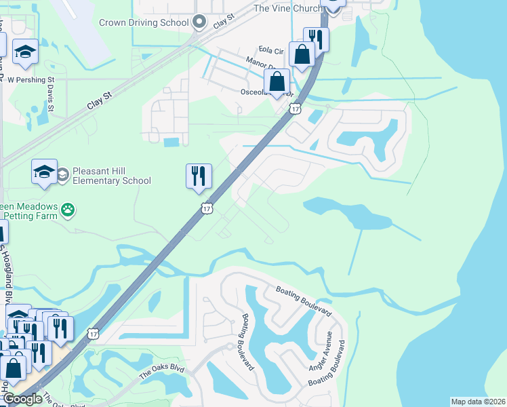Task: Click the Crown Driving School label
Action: pos(143,22)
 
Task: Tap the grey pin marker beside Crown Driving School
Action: pos(199,23)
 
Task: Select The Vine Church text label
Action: pos(285,8)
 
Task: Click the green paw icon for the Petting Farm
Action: pos(68,210)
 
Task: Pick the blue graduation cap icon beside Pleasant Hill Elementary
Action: pos(44,172)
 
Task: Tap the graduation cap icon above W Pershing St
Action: pos(26,54)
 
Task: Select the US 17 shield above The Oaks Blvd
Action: pos(93,334)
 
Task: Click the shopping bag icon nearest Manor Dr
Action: pos(277,81)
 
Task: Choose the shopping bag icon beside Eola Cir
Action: pos(301,54)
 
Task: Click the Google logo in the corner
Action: pos(22,399)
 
